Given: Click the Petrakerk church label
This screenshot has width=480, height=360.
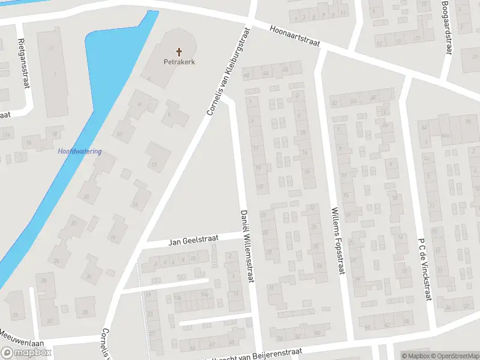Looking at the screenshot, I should click(x=179, y=61).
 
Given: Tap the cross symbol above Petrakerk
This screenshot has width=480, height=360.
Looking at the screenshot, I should click(x=179, y=52).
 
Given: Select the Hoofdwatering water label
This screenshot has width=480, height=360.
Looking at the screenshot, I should click(x=79, y=152).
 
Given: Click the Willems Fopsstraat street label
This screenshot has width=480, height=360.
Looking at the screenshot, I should click(x=337, y=240).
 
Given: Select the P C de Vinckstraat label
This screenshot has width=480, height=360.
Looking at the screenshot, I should click(x=425, y=270).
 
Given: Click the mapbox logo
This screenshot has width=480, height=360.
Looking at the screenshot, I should click(x=26, y=352).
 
